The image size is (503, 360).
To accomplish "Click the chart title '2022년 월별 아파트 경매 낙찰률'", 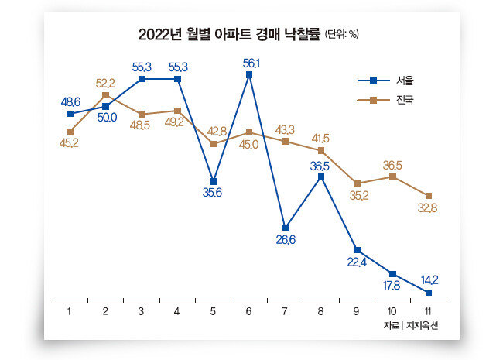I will pyautogui.click(x=228, y=34).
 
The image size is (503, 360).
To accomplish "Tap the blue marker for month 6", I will pyautogui.click(x=249, y=75).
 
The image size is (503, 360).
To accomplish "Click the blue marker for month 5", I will pyautogui.click(x=214, y=181).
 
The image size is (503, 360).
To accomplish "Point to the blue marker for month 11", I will pyautogui.click(x=429, y=293).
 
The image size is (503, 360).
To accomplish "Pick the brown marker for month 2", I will pyautogui.click(x=106, y=96).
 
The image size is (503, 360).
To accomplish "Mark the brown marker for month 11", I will pyautogui.click(x=429, y=195).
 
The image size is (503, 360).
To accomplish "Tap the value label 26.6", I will pyautogui.click(x=285, y=240).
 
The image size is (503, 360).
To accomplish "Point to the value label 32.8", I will pyautogui.click(x=427, y=208).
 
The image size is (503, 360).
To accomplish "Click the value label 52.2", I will pyautogui.click(x=105, y=83).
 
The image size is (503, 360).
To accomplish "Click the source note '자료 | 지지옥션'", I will pyautogui.click(x=410, y=325).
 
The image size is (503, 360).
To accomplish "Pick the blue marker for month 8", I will pyautogui.click(x=321, y=177).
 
